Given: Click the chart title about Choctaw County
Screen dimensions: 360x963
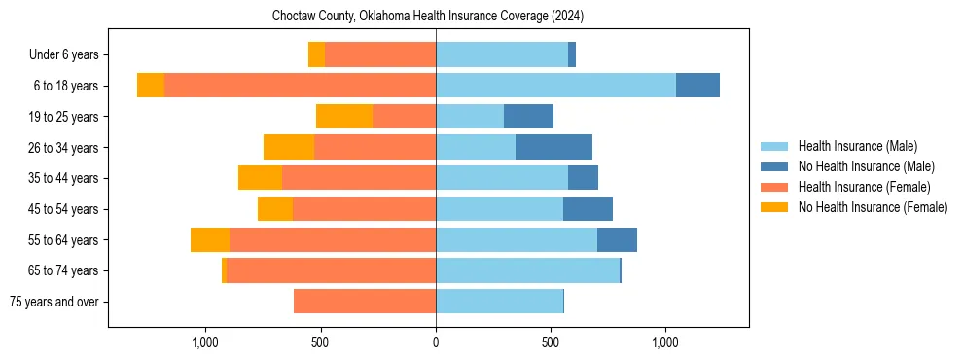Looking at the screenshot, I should (428, 17).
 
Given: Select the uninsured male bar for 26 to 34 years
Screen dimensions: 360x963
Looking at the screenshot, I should (553, 148).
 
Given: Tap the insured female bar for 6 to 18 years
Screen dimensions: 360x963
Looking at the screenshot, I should (300, 86).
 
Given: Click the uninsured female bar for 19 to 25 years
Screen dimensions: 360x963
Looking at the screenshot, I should (344, 117).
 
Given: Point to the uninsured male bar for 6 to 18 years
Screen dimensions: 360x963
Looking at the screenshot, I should (697, 86).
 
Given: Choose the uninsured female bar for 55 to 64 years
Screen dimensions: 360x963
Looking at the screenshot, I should (210, 240).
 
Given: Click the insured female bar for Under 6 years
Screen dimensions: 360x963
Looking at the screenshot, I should (380, 55).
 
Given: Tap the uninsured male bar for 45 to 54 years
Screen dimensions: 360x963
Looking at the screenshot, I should (588, 209).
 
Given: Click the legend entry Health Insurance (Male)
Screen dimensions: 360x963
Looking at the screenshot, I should (857, 146).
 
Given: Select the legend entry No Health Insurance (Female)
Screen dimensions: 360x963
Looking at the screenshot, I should (873, 207).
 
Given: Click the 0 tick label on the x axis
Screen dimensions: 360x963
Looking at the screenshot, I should (436, 342).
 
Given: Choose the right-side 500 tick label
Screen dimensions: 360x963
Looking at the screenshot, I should (551, 342).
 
